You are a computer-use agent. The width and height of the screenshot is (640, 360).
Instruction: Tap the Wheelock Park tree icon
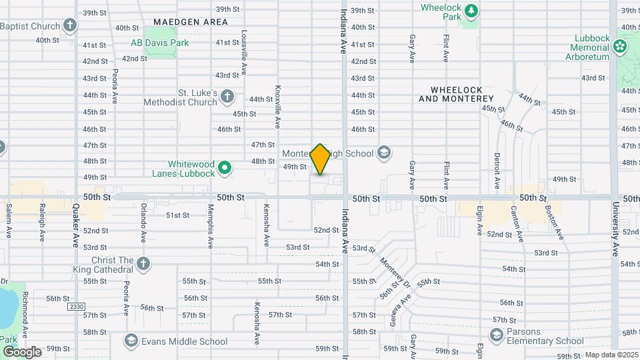(x=471, y=10)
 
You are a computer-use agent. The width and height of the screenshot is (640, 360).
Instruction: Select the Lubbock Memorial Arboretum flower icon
(x=621, y=46)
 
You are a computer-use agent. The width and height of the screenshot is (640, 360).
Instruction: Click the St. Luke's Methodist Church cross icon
(x=227, y=96)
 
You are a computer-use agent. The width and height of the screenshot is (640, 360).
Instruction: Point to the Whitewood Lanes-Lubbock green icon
(x=225, y=168)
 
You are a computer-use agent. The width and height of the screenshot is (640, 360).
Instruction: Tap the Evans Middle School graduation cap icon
(x=131, y=341)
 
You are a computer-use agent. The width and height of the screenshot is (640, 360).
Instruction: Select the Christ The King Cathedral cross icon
(x=143, y=265)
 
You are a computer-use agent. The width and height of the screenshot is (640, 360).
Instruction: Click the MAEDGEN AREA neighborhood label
(x=190, y=22)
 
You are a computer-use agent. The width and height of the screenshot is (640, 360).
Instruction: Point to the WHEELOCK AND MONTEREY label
(x=456, y=94)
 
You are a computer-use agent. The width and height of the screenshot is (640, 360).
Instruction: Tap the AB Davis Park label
(x=159, y=43)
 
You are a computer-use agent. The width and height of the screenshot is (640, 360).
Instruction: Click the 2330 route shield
(x=77, y=307)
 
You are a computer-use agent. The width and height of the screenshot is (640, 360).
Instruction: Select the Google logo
(x=21, y=352)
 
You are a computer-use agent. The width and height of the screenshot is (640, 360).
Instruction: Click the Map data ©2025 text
(x=611, y=355)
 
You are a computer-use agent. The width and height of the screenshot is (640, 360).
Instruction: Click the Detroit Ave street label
(x=497, y=172)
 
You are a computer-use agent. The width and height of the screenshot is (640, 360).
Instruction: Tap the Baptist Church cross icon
(x=71, y=26)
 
